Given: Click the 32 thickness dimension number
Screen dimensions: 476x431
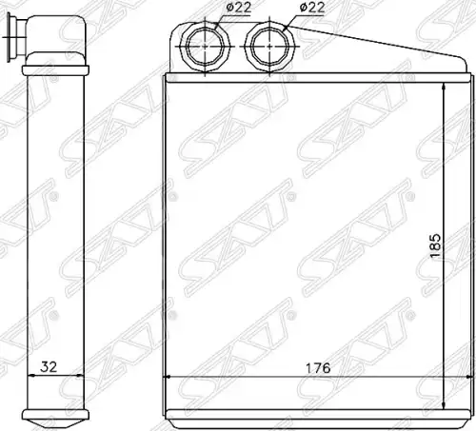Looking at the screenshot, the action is pyautogui.click(x=49, y=367).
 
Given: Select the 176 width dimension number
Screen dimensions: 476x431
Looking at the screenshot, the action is pyautogui.click(x=318, y=368).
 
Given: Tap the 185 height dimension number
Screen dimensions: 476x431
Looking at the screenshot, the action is pyautogui.click(x=435, y=245).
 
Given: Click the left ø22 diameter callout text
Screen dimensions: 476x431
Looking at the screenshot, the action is pyautogui.click(x=238, y=7).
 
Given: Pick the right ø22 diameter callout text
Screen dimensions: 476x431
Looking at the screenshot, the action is pyautogui.click(x=312, y=8).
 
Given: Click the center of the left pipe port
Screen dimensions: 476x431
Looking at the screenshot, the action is pyautogui.click(x=205, y=47).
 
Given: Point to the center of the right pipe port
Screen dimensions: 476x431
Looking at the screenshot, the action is pyautogui.click(x=269, y=47).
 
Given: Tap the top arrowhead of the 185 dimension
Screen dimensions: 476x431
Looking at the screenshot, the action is pyautogui.click(x=444, y=87).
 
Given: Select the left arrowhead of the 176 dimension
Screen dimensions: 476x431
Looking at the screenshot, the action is pyautogui.click(x=168, y=377).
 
